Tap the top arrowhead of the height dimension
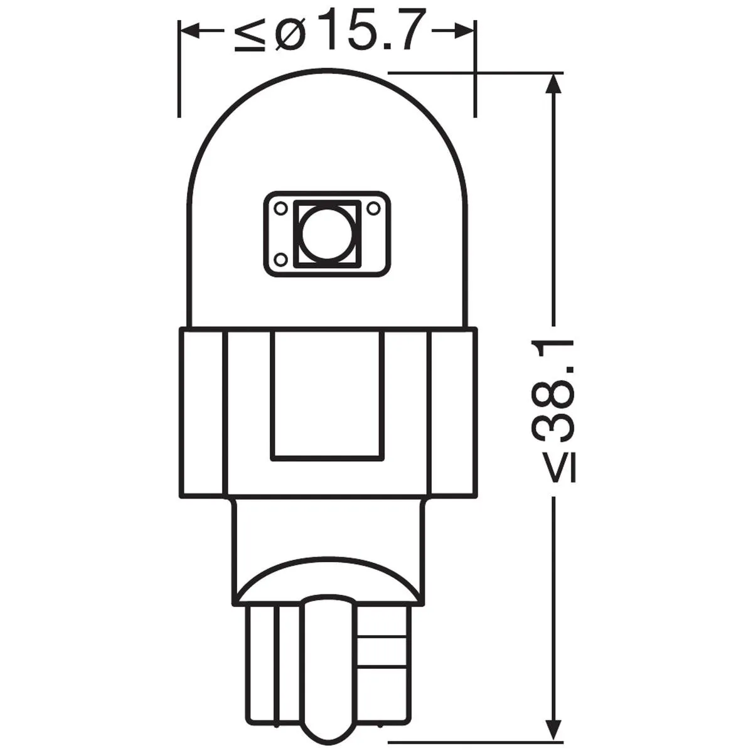tap(553, 83)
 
